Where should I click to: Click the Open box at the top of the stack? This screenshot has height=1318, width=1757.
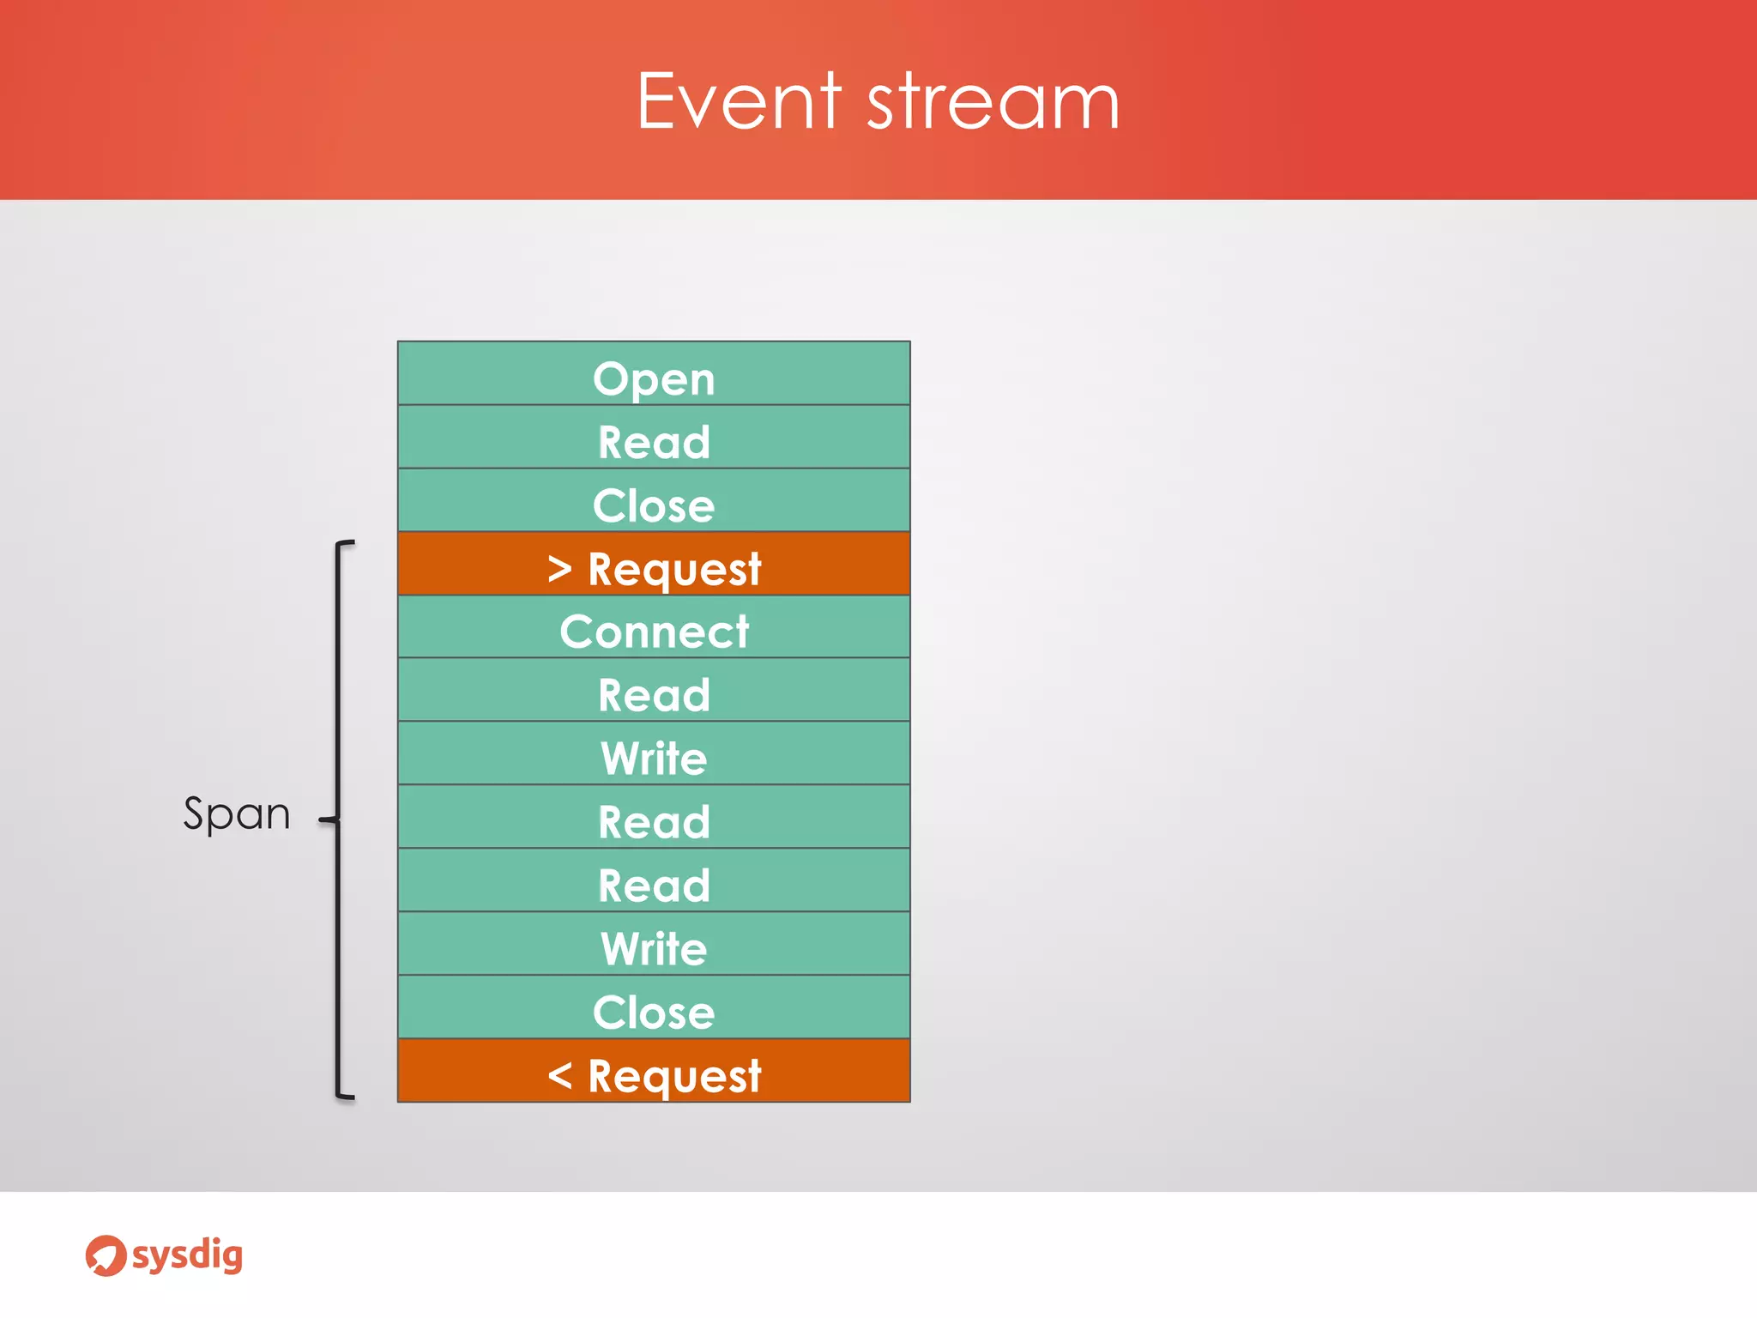[x=654, y=374]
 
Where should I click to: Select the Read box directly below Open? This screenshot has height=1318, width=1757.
[x=654, y=438]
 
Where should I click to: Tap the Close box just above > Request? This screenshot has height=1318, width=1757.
[x=654, y=501]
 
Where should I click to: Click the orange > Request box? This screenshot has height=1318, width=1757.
[x=654, y=565]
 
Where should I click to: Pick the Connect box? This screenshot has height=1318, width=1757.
[x=654, y=628]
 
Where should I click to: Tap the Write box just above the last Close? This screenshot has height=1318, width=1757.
[x=654, y=945]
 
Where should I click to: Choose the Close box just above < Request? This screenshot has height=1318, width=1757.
[x=654, y=1008]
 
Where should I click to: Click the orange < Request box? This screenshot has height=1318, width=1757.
[x=654, y=1072]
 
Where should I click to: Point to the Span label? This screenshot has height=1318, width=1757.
[x=237, y=813]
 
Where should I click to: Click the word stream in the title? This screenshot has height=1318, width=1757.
[x=993, y=103]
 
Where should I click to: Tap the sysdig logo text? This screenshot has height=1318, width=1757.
[x=187, y=1256]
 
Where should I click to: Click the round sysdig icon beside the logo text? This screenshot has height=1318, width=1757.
[x=106, y=1256]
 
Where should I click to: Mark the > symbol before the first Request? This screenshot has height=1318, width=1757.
[x=559, y=568]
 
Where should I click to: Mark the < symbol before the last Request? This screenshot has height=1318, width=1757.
[x=559, y=1074]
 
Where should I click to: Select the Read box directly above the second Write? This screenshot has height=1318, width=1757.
[x=654, y=881]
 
